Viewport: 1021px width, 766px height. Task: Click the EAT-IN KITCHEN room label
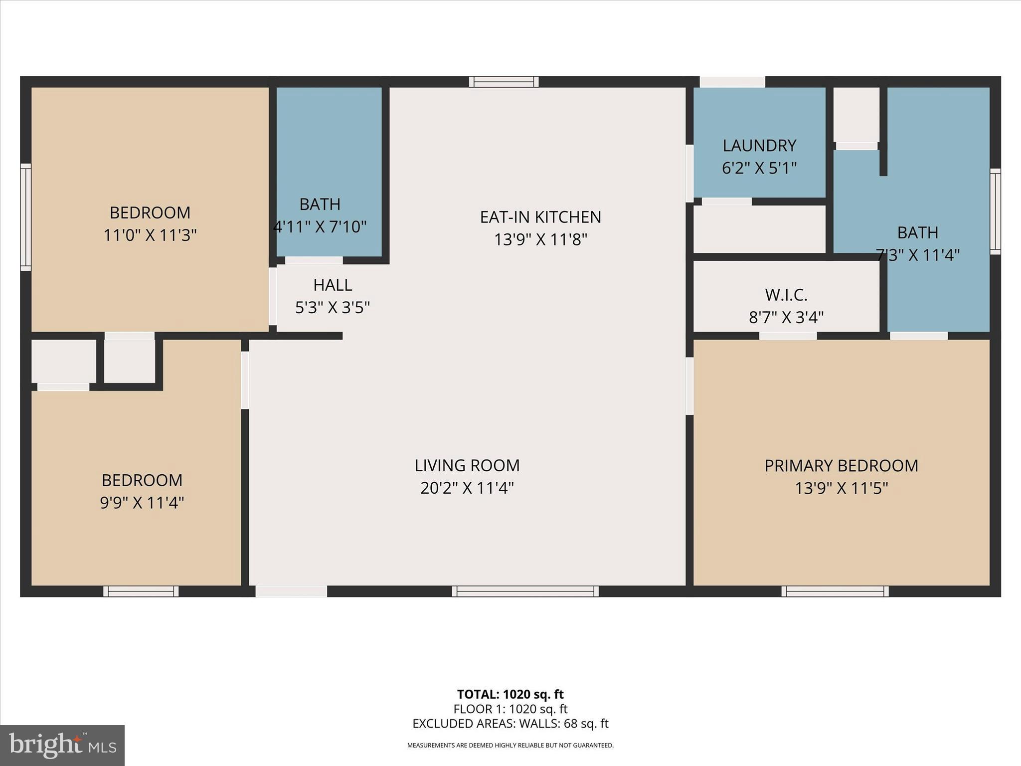540,217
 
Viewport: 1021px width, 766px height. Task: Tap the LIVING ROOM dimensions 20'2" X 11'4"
467,488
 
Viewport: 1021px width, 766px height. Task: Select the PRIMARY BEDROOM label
841,465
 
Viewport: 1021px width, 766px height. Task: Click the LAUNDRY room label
759,146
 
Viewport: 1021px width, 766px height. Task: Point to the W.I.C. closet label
786,295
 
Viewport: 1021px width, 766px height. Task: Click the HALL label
333,285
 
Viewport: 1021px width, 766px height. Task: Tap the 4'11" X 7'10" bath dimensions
320,227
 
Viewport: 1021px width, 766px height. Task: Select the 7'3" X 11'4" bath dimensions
917,255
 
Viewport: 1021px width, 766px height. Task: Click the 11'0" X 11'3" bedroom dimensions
150,235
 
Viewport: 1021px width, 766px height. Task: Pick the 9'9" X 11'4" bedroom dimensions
142,503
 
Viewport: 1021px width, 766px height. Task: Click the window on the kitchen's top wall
504,82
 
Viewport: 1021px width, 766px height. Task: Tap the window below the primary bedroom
835,591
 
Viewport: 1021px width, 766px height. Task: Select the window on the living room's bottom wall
525,591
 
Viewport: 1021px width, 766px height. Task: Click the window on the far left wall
25,217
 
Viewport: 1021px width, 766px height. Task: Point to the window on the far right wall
995,211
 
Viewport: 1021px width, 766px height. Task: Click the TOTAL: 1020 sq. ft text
510,694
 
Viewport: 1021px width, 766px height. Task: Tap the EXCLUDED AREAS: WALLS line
510,724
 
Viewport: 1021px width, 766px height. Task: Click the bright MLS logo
62,746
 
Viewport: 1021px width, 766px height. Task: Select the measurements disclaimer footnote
510,746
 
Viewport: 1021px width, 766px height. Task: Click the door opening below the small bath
314,260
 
